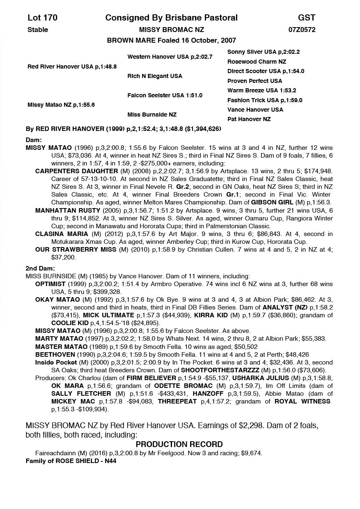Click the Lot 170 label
coord(42,18)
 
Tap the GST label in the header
coord(307,18)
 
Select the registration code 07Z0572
coord(302,30)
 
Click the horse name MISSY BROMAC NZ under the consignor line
coord(171,30)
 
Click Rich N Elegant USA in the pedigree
coord(155,76)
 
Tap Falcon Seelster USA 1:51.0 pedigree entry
coord(165,96)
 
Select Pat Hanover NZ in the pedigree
coord(249,119)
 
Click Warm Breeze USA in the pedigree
coord(261,91)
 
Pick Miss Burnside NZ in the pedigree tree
coord(151,115)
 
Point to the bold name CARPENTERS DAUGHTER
coord(76,171)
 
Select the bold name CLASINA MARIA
coord(62,234)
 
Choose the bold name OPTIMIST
coord(50,284)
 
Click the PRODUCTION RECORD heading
coord(179,445)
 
